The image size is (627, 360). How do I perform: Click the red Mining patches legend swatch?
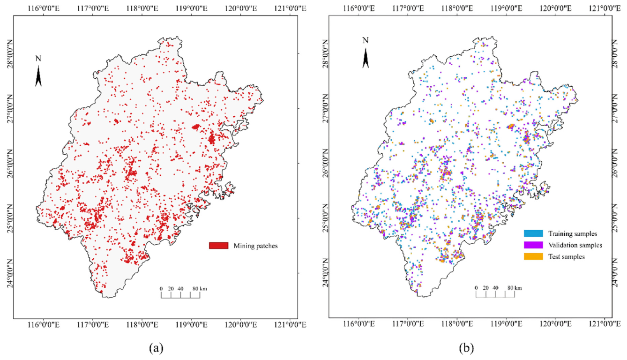coord(218,246)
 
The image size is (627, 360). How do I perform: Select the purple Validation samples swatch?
coord(533,245)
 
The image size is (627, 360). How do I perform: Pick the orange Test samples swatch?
coord(533,256)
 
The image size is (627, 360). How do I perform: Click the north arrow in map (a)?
coord(38,76)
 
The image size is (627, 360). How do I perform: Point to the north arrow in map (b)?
coord(366,58)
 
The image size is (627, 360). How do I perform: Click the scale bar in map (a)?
coord(180,295)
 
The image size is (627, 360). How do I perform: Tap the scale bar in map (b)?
coord(495,294)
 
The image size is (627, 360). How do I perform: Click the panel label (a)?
coord(156,349)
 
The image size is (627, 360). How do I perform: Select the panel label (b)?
coord(466,349)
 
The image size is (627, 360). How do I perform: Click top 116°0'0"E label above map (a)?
coord(44,8)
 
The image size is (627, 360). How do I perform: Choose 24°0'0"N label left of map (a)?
coord(9,273)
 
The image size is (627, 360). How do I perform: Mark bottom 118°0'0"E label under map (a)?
coord(142,324)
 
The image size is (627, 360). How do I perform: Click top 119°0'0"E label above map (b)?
coord(507,8)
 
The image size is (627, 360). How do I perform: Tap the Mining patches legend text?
coord(255,246)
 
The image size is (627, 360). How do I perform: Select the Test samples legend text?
coord(566,257)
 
